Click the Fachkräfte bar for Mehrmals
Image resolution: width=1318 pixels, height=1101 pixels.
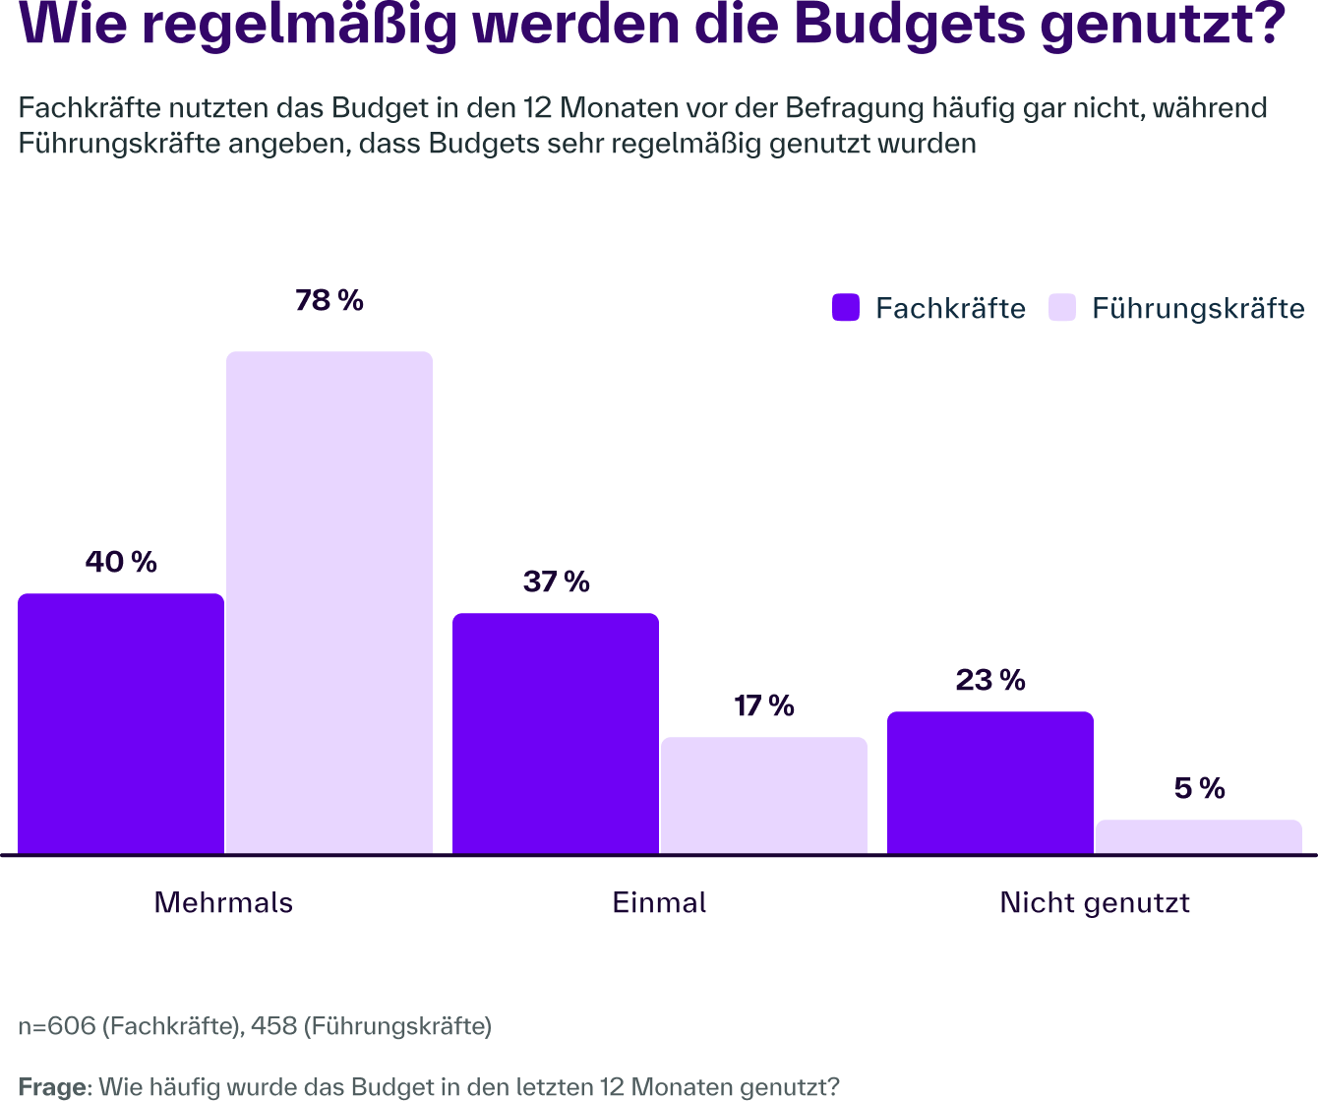[x=121, y=723]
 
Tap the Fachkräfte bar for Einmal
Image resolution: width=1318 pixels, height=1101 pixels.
[x=556, y=733]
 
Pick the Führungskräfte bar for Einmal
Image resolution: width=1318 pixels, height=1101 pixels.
[x=764, y=795]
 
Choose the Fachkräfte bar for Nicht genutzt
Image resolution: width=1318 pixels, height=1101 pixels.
[x=990, y=782]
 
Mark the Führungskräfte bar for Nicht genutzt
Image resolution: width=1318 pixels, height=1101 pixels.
[x=1199, y=836]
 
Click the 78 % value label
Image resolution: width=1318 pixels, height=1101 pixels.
[x=329, y=301]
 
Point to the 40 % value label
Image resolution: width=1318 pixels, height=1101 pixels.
[x=121, y=563]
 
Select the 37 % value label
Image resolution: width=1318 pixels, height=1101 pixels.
[x=556, y=582]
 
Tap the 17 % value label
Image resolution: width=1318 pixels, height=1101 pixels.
[x=764, y=706]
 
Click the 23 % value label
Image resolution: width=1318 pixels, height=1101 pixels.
[x=990, y=681]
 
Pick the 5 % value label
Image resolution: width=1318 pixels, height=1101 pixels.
[x=1199, y=789]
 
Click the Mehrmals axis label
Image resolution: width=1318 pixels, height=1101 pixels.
[x=223, y=903]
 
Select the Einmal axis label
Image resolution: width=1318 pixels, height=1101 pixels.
[x=659, y=903]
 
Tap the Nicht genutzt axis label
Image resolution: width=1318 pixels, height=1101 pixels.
[x=1095, y=903]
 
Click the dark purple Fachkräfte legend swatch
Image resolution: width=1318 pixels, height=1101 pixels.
[x=846, y=308]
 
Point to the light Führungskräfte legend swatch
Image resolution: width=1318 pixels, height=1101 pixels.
[x=1063, y=308]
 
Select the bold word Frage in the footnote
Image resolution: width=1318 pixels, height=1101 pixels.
[x=53, y=1087]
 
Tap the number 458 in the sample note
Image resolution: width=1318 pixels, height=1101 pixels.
[x=273, y=1026]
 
